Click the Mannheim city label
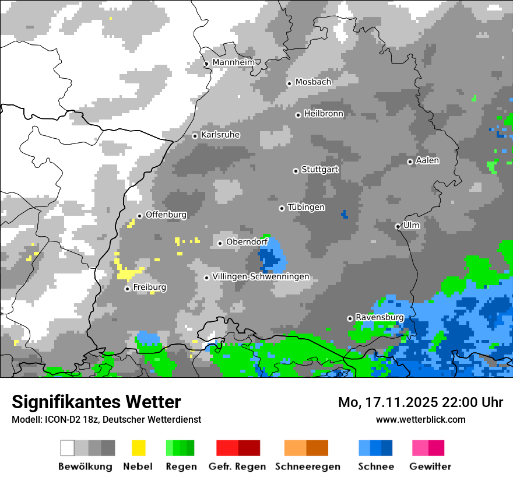click(x=234, y=62)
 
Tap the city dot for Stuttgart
click(x=296, y=171)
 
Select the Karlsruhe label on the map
click(x=220, y=135)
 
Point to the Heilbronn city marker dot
click(x=298, y=115)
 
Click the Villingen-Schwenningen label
click(x=261, y=276)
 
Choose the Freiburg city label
click(x=149, y=287)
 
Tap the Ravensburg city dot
click(x=350, y=318)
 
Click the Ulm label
click(x=411, y=225)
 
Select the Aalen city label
click(x=427, y=160)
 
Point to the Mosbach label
click(x=313, y=82)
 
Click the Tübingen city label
click(x=306, y=208)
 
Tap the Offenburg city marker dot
click(x=139, y=216)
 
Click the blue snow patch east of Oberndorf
click(x=272, y=257)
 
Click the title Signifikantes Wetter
click(x=96, y=402)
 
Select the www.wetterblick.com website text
click(x=420, y=419)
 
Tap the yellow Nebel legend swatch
click(x=138, y=448)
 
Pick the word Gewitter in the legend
click(x=430, y=467)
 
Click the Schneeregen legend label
click(x=307, y=467)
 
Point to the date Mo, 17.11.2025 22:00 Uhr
click(x=420, y=402)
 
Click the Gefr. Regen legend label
click(x=237, y=467)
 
